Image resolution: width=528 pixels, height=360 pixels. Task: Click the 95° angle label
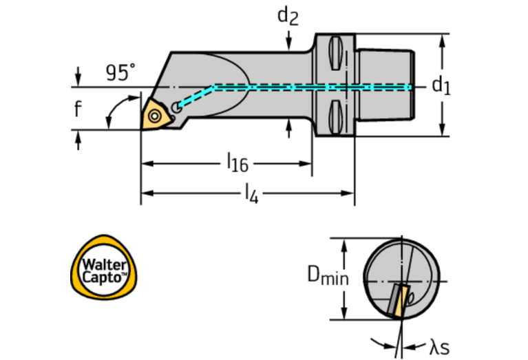point(120,72)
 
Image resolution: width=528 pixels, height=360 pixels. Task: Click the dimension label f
point(78,107)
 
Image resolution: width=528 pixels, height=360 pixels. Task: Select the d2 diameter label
point(288,15)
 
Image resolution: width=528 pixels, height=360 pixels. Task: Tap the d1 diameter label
point(441,85)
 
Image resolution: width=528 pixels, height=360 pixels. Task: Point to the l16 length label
point(237,163)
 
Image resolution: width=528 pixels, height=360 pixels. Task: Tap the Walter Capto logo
point(105,268)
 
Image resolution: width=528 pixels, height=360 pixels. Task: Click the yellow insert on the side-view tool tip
point(154,114)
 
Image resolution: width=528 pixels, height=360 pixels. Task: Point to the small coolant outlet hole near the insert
point(178,107)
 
